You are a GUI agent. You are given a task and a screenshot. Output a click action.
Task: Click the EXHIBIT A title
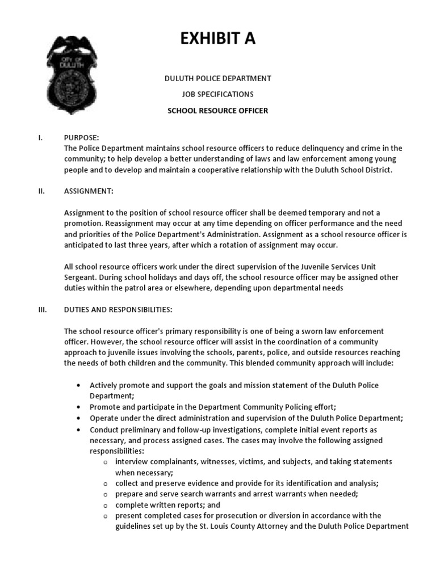point(217,38)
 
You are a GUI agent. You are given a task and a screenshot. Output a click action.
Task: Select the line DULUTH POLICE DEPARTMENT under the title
point(217,78)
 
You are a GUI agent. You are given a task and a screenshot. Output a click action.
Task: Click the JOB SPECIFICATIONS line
point(217,94)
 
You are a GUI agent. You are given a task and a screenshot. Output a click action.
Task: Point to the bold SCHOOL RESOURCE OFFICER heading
point(217,111)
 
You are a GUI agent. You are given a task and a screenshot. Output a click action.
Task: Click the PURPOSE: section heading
point(82,138)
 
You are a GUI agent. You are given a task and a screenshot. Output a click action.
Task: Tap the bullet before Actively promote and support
point(77,385)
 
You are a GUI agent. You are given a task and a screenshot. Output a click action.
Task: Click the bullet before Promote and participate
point(77,407)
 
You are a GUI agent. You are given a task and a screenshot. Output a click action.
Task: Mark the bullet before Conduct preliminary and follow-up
point(77,429)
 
